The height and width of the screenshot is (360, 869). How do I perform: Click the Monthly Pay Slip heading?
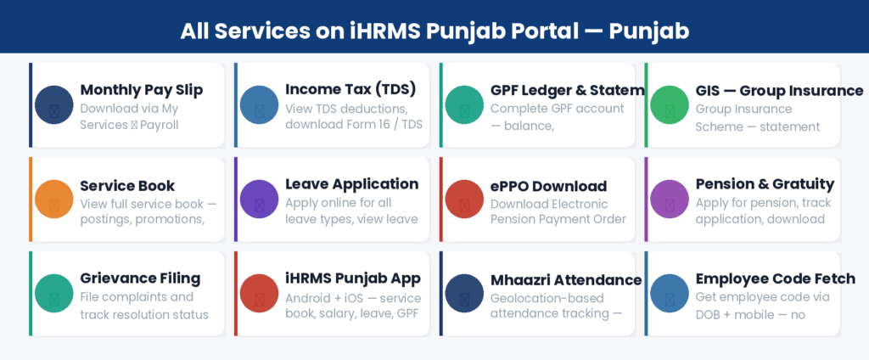(x=141, y=90)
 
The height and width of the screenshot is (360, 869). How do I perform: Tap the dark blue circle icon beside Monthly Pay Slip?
(x=54, y=105)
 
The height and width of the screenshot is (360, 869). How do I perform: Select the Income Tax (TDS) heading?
(x=350, y=89)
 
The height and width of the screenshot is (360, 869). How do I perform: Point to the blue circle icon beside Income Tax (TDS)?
(x=260, y=105)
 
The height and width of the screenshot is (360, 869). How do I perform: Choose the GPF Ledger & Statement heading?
(x=567, y=90)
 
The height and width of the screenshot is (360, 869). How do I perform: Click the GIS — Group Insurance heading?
(x=779, y=90)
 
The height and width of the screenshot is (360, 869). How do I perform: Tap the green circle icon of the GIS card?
(x=670, y=105)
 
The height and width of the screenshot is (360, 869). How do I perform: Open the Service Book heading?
(x=127, y=185)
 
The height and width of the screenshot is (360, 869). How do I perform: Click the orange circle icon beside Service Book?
(x=54, y=199)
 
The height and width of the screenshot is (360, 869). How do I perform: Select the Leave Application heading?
(x=351, y=184)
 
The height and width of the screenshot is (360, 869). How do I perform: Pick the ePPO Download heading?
(x=548, y=185)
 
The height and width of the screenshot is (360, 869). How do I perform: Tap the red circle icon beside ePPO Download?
(x=465, y=199)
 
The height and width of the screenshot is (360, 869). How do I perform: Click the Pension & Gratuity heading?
(x=765, y=184)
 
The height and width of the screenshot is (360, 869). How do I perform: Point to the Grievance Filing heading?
(x=140, y=278)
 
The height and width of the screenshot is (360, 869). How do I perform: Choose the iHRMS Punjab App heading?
(x=353, y=278)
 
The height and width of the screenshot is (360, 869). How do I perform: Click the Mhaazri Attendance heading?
(x=566, y=279)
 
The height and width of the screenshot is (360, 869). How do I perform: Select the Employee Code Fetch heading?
(x=775, y=278)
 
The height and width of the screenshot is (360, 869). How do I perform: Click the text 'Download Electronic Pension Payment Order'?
(x=558, y=211)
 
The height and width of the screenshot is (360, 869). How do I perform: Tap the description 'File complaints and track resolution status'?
(x=143, y=306)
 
